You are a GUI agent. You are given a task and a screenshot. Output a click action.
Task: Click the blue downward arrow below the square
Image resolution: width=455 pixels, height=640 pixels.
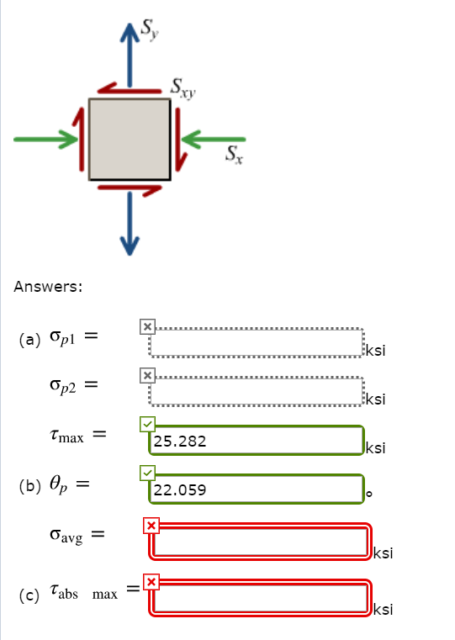(x=130, y=222)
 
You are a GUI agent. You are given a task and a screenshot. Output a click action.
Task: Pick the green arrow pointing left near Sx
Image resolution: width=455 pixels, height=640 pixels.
(x=214, y=139)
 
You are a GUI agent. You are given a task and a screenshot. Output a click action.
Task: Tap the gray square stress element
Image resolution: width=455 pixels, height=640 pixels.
(x=130, y=139)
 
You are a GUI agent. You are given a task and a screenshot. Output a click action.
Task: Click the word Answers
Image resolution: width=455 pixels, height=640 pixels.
(x=48, y=287)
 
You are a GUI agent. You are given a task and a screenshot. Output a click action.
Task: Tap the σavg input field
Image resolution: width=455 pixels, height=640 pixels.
(x=261, y=541)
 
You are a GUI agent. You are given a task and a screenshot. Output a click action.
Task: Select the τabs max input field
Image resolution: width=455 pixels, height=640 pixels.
(x=261, y=596)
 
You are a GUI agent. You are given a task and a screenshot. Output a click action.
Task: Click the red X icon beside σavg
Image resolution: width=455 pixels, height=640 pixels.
(x=151, y=526)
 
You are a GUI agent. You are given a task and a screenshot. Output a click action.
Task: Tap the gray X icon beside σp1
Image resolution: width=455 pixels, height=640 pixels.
(x=147, y=325)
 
